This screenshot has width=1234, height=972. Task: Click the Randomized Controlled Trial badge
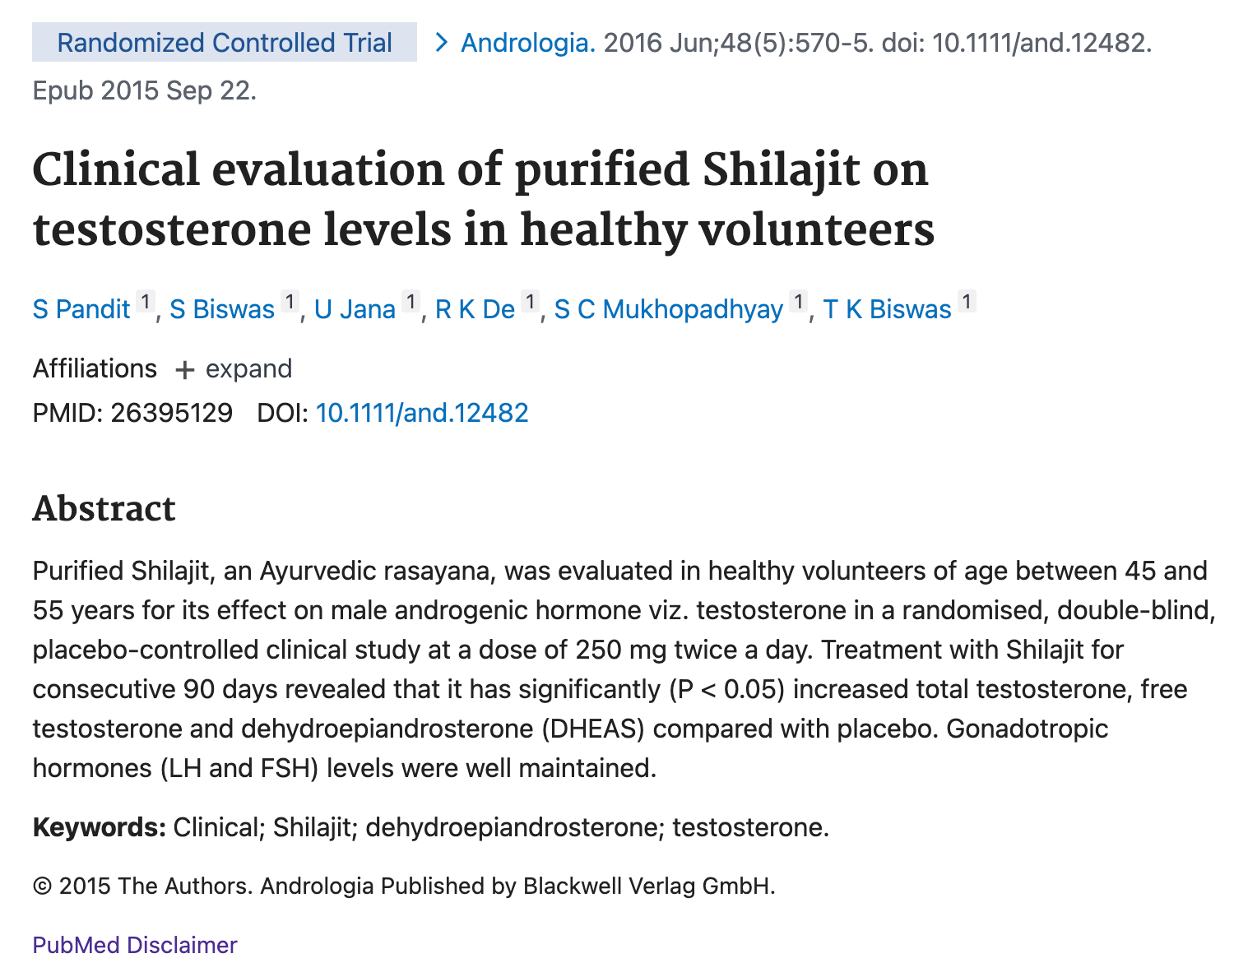[224, 43]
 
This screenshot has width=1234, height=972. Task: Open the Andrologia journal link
[527, 43]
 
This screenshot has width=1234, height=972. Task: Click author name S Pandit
[81, 309]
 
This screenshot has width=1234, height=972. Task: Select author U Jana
[355, 309]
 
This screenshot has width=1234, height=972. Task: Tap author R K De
[475, 309]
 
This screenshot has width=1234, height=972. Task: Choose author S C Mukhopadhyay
[668, 309]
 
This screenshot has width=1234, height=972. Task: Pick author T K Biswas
[887, 309]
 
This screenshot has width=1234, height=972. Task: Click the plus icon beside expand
[185, 370]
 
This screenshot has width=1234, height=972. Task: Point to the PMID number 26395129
[171, 412]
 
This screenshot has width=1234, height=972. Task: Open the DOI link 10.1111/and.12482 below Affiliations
[422, 412]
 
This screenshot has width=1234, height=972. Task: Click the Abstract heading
[104, 509]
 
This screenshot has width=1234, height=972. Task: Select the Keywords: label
[100, 826]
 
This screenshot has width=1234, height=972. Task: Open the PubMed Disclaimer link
[135, 945]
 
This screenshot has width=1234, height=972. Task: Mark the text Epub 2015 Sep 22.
[145, 90]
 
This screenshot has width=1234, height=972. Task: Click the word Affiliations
[95, 368]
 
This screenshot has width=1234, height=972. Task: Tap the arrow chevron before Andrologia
[441, 43]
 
